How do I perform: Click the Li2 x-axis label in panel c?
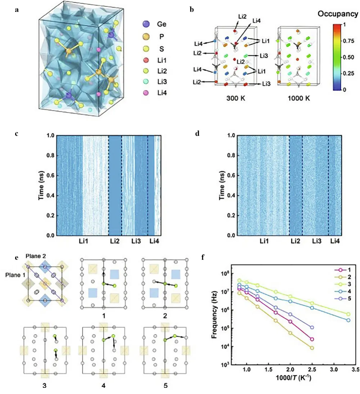115,241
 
